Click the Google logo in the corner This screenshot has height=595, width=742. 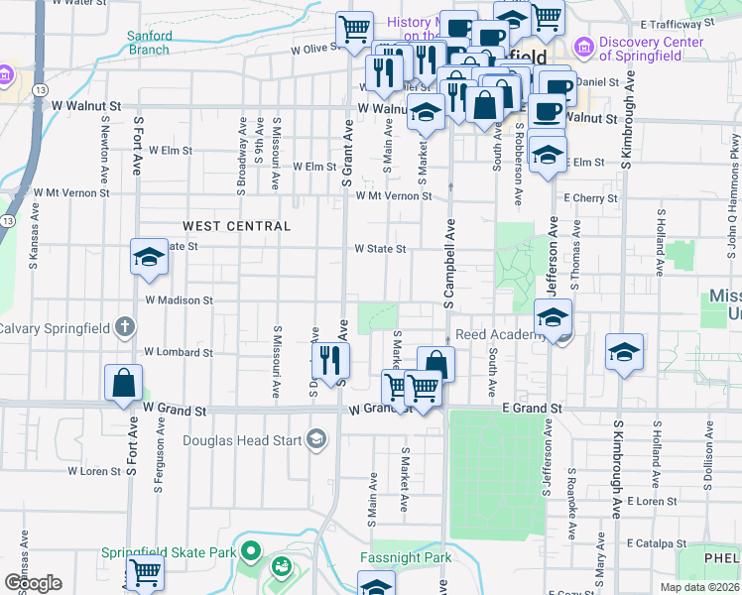point(33,582)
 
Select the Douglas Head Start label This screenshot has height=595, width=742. point(243,439)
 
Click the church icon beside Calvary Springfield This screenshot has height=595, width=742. point(124,326)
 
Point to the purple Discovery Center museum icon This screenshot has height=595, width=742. point(584,47)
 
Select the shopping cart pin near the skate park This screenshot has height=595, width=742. point(145,572)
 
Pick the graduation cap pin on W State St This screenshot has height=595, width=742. point(149,258)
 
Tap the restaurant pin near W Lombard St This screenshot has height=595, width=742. point(330,360)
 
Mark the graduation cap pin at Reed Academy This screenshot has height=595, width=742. point(553,318)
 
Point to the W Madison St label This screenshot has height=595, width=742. point(179,299)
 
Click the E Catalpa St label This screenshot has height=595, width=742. point(657,543)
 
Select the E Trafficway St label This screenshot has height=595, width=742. point(677,22)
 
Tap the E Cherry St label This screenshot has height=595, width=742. point(590,198)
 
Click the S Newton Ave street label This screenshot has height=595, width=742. point(104,149)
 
